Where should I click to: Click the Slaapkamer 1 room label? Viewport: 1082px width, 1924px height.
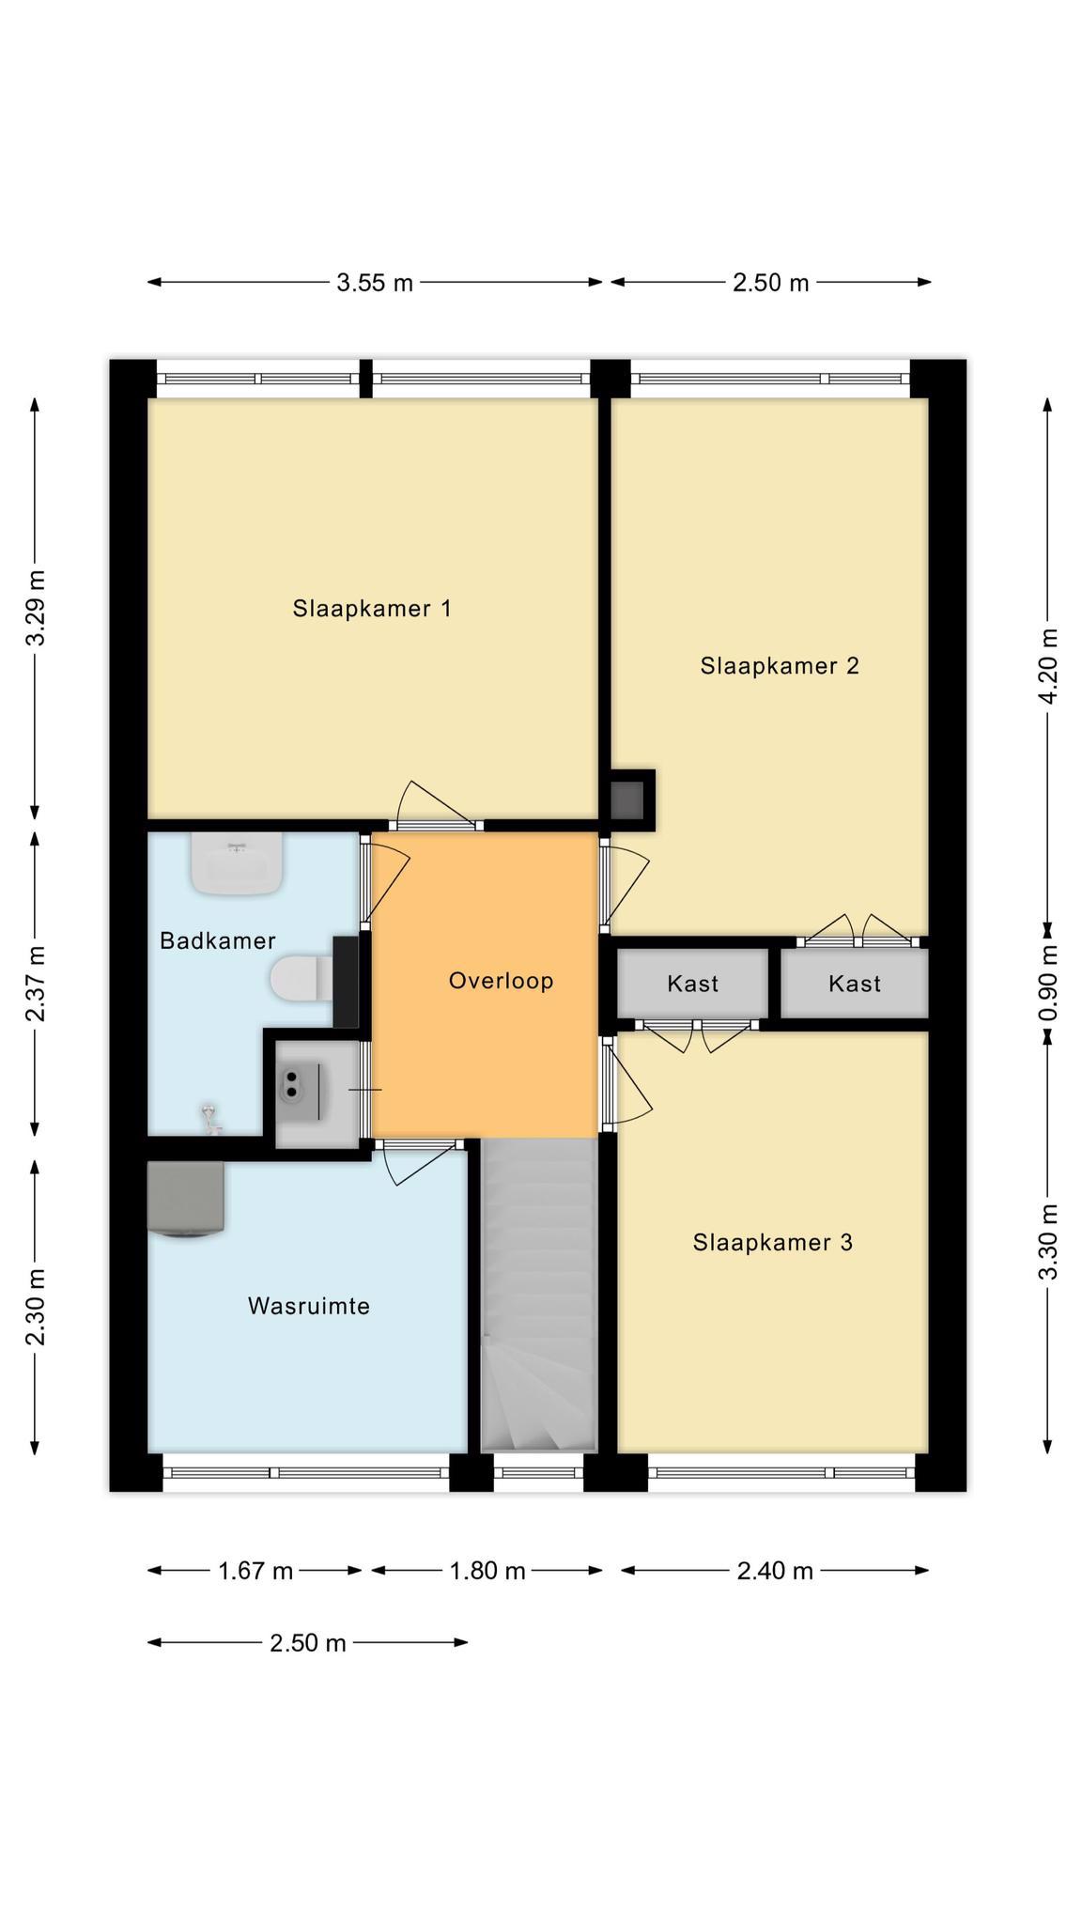pyautogui.click(x=372, y=609)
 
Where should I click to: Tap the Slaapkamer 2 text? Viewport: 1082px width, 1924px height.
pyautogui.click(x=780, y=666)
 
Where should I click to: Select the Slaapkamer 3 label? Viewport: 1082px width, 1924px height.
pyautogui.click(x=773, y=1243)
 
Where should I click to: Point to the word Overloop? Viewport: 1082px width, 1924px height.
pyautogui.click(x=501, y=982)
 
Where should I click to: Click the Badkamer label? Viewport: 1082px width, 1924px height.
pyautogui.click(x=218, y=940)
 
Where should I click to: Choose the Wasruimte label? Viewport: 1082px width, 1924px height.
pyautogui.click(x=309, y=1307)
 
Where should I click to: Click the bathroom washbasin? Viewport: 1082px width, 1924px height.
pyautogui.click(x=237, y=863)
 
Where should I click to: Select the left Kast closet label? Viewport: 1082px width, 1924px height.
pyautogui.click(x=693, y=984)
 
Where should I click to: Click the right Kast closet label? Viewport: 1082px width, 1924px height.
pyautogui.click(x=855, y=984)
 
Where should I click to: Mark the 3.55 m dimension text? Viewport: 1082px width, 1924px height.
pyautogui.click(x=375, y=283)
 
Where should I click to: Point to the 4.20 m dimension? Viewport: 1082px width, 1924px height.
pyautogui.click(x=1049, y=666)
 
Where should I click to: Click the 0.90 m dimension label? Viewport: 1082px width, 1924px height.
pyautogui.click(x=1049, y=982)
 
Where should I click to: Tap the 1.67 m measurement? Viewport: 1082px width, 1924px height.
pyautogui.click(x=255, y=1571)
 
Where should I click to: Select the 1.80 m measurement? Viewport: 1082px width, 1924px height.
pyautogui.click(x=487, y=1571)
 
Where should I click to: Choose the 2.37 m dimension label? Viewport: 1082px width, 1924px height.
pyautogui.click(x=36, y=984)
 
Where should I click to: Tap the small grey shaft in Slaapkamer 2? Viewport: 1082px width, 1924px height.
pyautogui.click(x=627, y=799)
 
